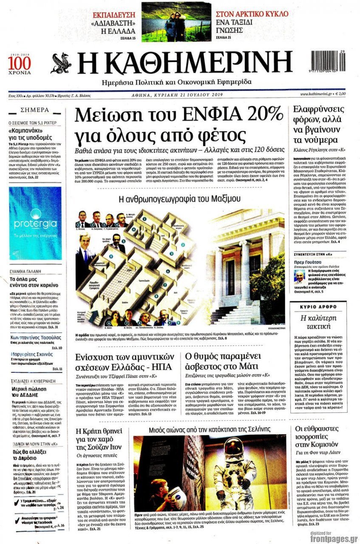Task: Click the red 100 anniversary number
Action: [20, 62]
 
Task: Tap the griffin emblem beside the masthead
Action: [61, 64]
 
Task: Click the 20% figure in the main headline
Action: [262, 115]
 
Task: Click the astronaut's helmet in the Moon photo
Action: [233, 448]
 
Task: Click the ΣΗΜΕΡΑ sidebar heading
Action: [35, 110]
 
